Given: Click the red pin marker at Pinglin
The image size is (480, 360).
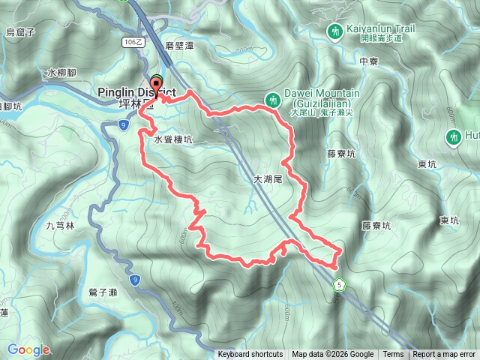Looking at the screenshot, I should (156, 83).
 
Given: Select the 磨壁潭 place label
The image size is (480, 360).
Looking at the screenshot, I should (180, 45).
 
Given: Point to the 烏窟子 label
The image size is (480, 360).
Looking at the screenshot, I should (21, 31).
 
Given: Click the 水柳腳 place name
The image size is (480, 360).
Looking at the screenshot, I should (61, 73).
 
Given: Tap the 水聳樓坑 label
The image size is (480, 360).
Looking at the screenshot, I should (173, 139).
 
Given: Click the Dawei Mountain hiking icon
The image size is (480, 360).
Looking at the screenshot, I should (274, 97).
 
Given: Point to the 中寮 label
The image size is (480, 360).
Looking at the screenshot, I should (368, 62).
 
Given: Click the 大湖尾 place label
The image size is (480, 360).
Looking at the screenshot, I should (267, 180).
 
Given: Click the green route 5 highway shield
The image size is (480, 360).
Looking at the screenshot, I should (340, 284).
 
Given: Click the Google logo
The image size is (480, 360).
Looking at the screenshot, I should (28, 349).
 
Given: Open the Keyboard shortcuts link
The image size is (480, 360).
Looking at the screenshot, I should (250, 355).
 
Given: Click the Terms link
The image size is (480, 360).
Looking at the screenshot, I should (393, 355).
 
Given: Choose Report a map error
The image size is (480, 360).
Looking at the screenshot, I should (444, 355).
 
